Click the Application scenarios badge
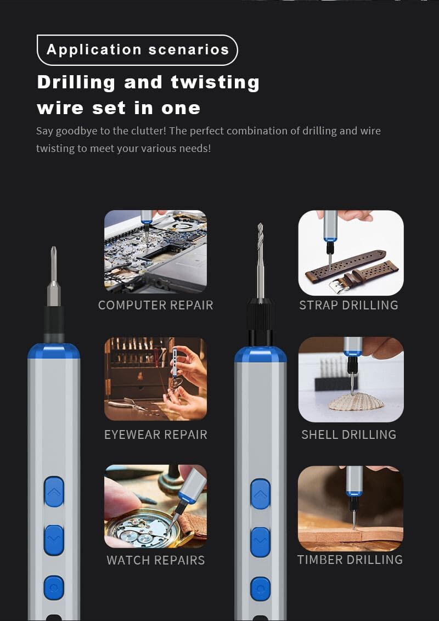(x=137, y=50)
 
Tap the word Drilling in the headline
(x=76, y=83)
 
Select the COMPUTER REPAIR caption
(x=156, y=305)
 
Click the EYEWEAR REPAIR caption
(x=156, y=434)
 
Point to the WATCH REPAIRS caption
(x=156, y=560)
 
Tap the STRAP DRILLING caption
(x=348, y=305)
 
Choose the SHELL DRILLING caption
(x=348, y=434)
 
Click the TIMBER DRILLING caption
(x=350, y=560)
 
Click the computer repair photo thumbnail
(x=155, y=251)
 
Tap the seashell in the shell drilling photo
(x=356, y=402)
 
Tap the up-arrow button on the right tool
(x=260, y=494)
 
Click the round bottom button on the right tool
(x=260, y=589)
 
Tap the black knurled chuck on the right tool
(x=260, y=315)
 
